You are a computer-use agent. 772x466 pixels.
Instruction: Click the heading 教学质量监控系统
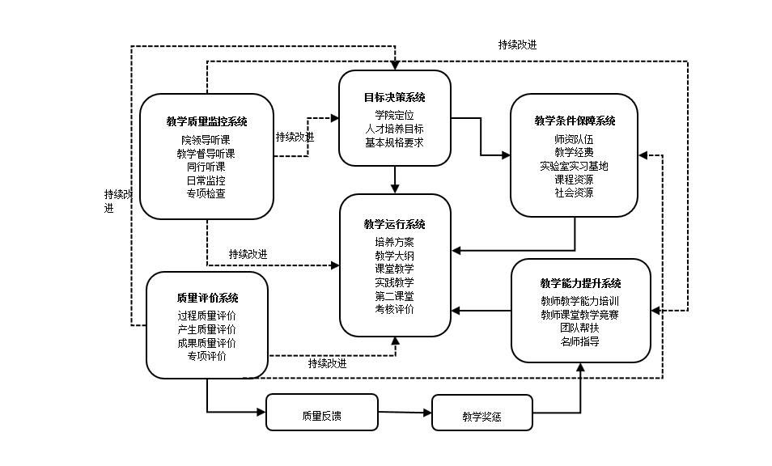(x=206, y=122)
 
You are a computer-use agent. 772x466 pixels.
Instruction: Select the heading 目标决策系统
(x=394, y=98)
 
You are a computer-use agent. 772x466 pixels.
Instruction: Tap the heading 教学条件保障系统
(x=575, y=121)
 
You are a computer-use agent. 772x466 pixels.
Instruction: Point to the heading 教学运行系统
(x=394, y=224)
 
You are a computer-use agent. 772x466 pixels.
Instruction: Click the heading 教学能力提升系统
(x=580, y=283)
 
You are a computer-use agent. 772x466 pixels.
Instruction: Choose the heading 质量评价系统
(x=207, y=299)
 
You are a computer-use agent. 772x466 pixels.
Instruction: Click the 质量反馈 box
(x=321, y=417)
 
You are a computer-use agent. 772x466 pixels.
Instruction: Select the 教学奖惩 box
(x=481, y=417)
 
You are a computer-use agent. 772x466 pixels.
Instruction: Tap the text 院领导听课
(x=206, y=141)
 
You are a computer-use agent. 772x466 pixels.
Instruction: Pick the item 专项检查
(x=206, y=193)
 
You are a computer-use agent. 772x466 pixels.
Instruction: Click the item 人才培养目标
(x=394, y=129)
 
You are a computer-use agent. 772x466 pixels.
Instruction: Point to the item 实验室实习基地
(x=574, y=166)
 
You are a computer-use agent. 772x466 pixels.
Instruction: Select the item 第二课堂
(x=394, y=295)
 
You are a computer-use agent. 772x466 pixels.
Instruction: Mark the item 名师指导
(x=580, y=342)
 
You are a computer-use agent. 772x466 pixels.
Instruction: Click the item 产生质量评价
(x=207, y=329)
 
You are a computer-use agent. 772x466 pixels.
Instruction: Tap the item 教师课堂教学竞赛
(x=580, y=315)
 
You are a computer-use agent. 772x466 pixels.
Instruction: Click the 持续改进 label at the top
(x=517, y=45)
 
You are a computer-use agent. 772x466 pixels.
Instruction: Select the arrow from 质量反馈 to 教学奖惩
(x=405, y=413)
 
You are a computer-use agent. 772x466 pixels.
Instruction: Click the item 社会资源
(x=574, y=193)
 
